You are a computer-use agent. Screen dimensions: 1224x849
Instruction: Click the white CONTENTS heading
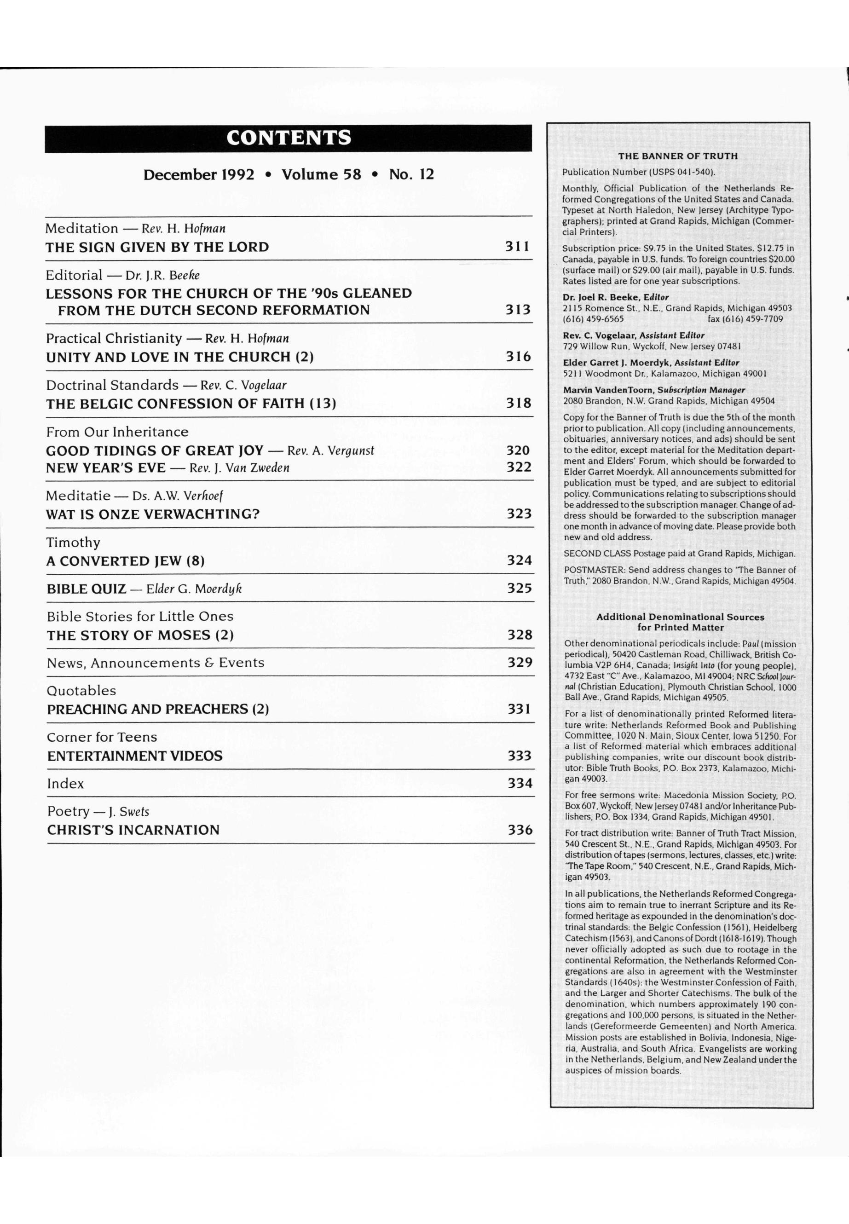(289, 138)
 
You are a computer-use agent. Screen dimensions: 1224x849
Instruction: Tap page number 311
(518, 246)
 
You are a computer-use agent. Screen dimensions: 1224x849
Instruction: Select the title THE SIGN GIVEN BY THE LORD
(157, 248)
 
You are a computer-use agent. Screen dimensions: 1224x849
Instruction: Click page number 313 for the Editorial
(518, 310)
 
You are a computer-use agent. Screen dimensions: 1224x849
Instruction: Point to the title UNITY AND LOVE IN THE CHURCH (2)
(180, 357)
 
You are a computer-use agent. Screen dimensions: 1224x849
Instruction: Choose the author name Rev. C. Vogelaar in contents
(243, 385)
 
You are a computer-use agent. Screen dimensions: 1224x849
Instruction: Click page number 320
(518, 450)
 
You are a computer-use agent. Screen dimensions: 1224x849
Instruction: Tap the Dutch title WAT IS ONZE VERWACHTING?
(153, 515)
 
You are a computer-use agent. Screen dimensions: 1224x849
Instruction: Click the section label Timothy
(73, 543)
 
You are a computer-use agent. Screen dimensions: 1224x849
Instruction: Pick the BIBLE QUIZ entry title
(87, 589)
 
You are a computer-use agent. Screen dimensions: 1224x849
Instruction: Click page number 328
(519, 635)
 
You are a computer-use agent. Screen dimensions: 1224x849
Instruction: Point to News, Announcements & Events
(156, 663)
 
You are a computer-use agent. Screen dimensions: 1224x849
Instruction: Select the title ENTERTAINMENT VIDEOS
(134, 756)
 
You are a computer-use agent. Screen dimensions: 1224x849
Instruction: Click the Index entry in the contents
(65, 784)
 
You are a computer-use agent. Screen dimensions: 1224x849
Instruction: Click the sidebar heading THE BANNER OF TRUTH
(678, 156)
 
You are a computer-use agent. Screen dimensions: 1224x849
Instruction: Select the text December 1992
(198, 175)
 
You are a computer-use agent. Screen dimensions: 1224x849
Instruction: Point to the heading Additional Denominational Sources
(680, 617)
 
